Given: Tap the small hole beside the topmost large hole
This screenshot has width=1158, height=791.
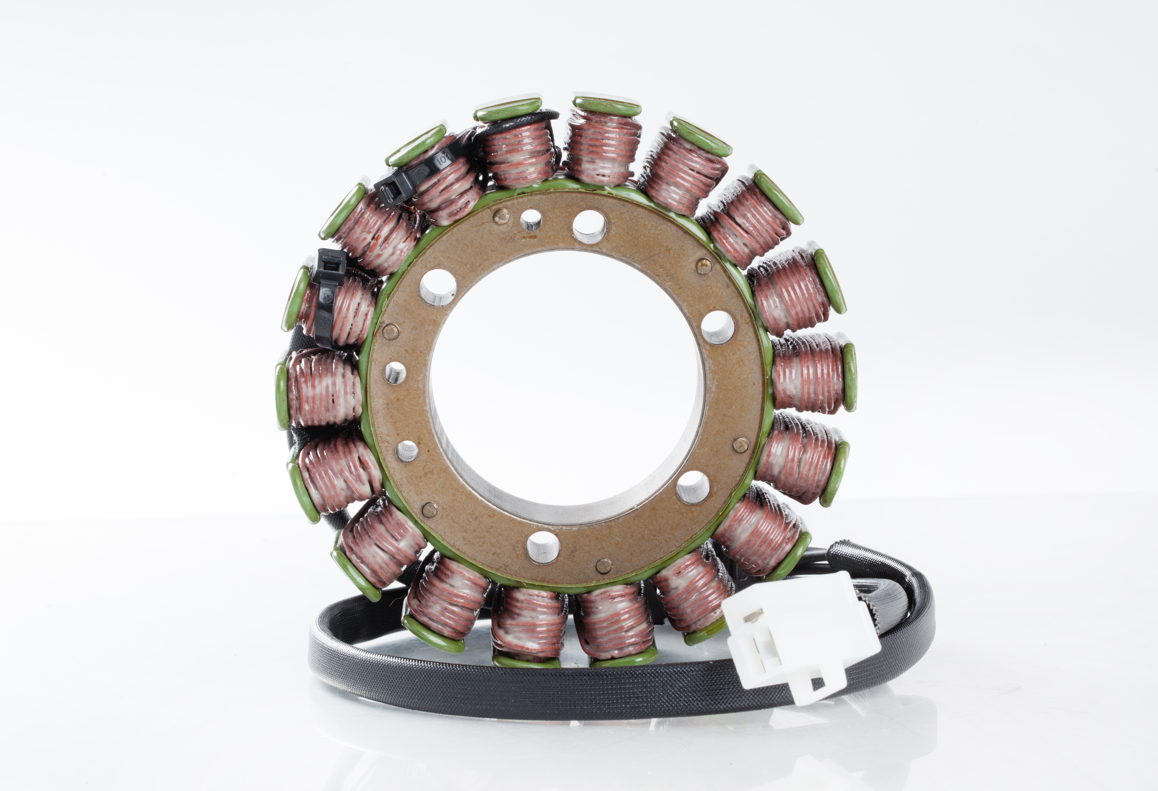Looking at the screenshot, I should (x=531, y=219).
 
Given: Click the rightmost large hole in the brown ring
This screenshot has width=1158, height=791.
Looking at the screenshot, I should (x=718, y=327).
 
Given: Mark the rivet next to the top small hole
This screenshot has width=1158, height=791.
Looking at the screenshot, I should (x=501, y=216).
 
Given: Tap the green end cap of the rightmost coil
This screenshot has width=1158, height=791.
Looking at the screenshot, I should (x=850, y=376).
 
